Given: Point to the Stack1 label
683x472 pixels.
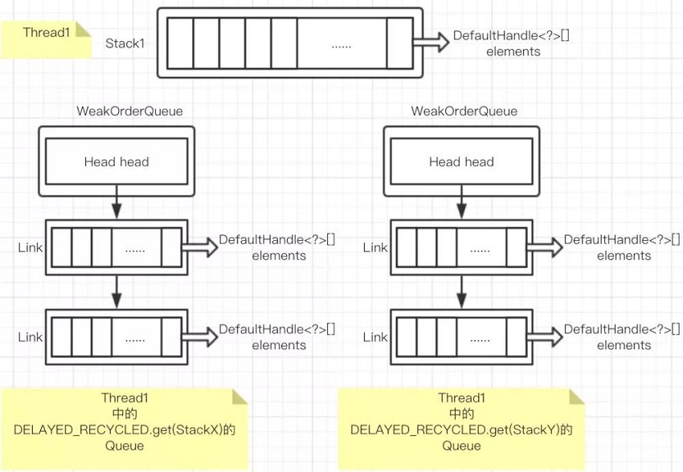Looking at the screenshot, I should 125,43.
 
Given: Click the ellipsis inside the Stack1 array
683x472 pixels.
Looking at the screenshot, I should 341,44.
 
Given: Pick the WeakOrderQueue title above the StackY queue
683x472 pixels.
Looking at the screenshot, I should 464,111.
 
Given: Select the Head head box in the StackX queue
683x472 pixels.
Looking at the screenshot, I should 117,162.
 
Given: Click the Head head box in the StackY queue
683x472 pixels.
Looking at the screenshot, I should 461,162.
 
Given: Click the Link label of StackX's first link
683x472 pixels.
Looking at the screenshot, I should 31,247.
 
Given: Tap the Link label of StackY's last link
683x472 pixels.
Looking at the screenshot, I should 375,337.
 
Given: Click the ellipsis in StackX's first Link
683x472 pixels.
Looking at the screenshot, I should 135,249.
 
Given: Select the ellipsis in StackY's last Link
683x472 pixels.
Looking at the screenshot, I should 480,338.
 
